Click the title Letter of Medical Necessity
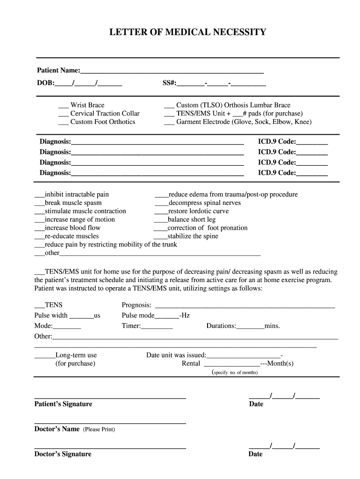coord(187,32)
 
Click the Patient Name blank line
coord(172,72)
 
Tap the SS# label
coord(169,83)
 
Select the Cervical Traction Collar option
coord(105,114)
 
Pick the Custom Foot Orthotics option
coord(102,122)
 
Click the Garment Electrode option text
coord(244,122)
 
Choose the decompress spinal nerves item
coord(204,203)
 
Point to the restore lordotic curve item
coord(198,211)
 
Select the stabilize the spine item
coord(193,237)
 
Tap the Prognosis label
coord(137,305)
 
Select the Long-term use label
coord(76,356)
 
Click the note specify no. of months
coord(235,373)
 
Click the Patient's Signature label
coord(63,404)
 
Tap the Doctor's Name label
coord(57,429)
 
